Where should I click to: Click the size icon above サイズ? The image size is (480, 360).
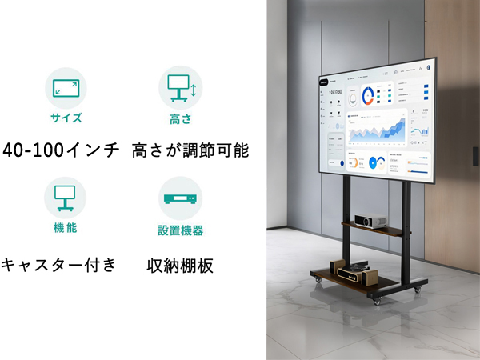pos(66,87)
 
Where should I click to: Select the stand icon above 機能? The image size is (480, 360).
pos(65,197)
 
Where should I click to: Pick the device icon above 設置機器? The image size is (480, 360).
pos(180,198)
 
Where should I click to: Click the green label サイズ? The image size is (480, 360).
pos(66,118)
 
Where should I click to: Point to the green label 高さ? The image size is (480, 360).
pos(181,118)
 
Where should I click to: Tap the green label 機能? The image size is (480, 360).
pos(66,229)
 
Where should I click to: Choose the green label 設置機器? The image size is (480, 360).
pos(180,230)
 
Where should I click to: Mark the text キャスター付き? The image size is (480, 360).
pos(59,263)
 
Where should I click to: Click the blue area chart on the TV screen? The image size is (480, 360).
pos(376,126)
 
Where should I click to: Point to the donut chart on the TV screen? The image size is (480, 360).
pos(368,95)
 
